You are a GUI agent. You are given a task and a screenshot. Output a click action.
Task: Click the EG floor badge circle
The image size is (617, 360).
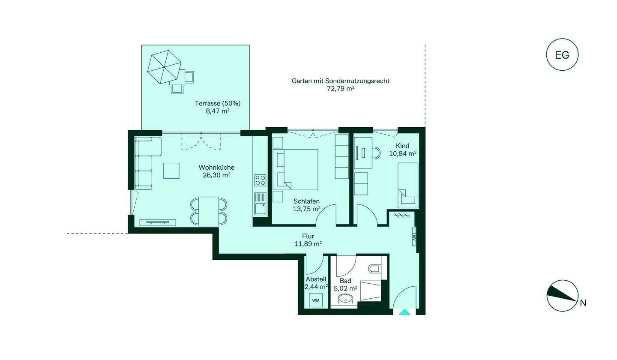click(x=562, y=54)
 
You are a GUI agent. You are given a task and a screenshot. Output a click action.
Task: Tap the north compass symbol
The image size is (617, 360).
click(x=562, y=296)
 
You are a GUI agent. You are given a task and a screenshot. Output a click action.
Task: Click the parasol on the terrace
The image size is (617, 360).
click(x=164, y=67)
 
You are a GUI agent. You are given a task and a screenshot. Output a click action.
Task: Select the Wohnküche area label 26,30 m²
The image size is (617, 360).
click(x=216, y=175)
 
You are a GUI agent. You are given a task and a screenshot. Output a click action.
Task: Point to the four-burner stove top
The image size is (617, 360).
click(x=260, y=180)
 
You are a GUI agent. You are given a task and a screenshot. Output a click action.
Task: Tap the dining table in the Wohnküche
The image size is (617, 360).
click(x=209, y=211)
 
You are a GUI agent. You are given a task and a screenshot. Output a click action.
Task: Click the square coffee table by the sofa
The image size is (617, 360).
click(x=171, y=171)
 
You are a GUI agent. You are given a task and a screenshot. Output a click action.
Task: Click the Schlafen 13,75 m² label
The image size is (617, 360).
click(x=307, y=205)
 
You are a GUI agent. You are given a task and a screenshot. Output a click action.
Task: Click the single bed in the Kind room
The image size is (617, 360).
click(x=408, y=186)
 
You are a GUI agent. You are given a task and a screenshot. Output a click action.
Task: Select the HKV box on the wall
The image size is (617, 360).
click(x=414, y=237)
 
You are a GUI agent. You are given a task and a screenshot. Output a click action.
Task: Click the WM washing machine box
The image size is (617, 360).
click(x=316, y=300)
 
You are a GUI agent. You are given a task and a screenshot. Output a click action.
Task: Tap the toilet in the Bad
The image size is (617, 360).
click(x=374, y=269)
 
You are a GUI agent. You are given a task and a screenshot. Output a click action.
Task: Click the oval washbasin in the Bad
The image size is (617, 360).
click(x=345, y=299)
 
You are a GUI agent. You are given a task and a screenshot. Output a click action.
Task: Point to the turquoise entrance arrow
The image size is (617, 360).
click(x=404, y=312)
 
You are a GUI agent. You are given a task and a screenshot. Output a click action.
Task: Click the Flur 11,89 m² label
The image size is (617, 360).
click(x=308, y=240)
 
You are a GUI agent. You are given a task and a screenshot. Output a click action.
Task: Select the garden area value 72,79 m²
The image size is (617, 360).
click(x=341, y=89)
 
